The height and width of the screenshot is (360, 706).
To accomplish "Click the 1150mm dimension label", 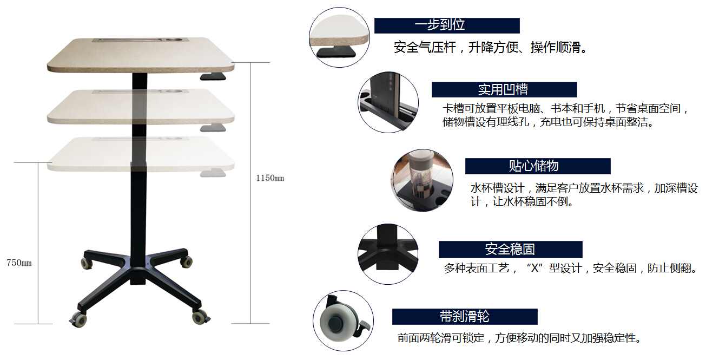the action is point(270,178).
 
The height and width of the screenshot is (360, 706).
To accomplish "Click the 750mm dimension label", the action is point(19,263).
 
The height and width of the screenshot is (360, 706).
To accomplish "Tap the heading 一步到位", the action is point(440,25).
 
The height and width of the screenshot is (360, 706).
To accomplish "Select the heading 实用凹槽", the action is point(503,90).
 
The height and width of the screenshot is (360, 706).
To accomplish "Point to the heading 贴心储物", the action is point(533,166).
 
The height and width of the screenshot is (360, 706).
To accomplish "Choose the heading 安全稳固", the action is point(510,249).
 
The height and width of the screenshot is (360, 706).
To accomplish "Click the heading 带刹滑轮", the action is point(464,317).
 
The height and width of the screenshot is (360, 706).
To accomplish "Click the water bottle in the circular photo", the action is point(421,176).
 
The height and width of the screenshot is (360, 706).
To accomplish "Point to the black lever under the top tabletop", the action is point(213,76).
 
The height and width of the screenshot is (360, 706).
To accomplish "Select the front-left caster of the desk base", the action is point(78,319).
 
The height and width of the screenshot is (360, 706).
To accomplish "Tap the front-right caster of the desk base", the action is point(201,317).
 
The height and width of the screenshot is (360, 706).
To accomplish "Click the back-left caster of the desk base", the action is point(86,263).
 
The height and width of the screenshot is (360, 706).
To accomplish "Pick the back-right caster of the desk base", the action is point(187,261).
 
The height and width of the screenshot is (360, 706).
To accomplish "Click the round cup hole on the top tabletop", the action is point(174,40).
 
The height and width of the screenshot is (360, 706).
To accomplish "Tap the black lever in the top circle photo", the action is point(336,52).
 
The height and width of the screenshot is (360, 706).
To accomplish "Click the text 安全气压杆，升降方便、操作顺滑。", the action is point(490,48).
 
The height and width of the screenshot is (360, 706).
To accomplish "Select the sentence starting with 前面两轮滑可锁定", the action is point(519,338).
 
